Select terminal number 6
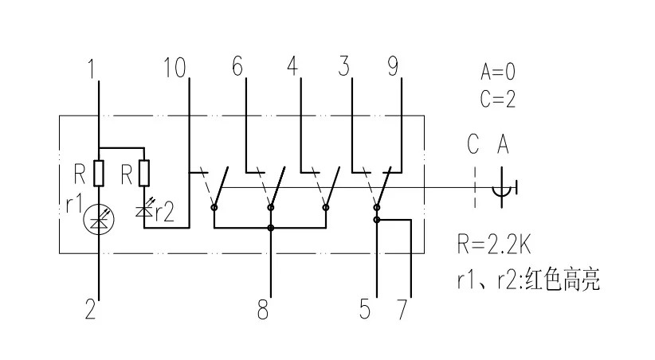(x=237, y=68)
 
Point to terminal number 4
(x=292, y=68)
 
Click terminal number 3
(x=343, y=68)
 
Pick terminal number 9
(x=393, y=68)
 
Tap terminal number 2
(x=91, y=309)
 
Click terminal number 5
(x=365, y=309)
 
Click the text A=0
(x=498, y=72)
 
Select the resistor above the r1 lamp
(x=99, y=172)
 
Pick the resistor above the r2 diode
(x=144, y=172)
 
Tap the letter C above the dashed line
(x=473, y=145)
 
